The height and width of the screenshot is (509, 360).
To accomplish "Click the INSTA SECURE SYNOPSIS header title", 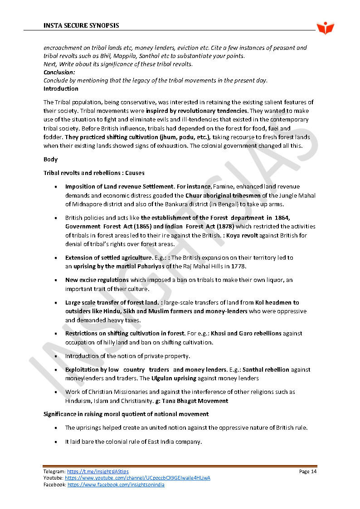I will [x=81, y=25].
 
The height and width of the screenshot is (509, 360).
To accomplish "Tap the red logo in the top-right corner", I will [x=325, y=28].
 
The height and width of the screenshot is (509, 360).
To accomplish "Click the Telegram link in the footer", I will [x=97, y=472].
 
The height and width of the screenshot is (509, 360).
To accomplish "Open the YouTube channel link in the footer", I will [x=137, y=478].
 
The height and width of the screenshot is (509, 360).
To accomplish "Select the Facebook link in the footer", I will [x=116, y=485].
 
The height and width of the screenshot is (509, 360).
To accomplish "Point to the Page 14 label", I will [x=307, y=472].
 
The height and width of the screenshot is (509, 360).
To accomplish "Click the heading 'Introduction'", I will [x=61, y=89].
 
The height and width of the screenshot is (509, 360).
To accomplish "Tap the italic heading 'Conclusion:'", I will [x=59, y=73].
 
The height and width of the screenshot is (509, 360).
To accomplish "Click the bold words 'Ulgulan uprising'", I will [x=174, y=378].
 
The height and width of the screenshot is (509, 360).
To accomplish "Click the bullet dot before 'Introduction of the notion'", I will [x=55, y=356].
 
